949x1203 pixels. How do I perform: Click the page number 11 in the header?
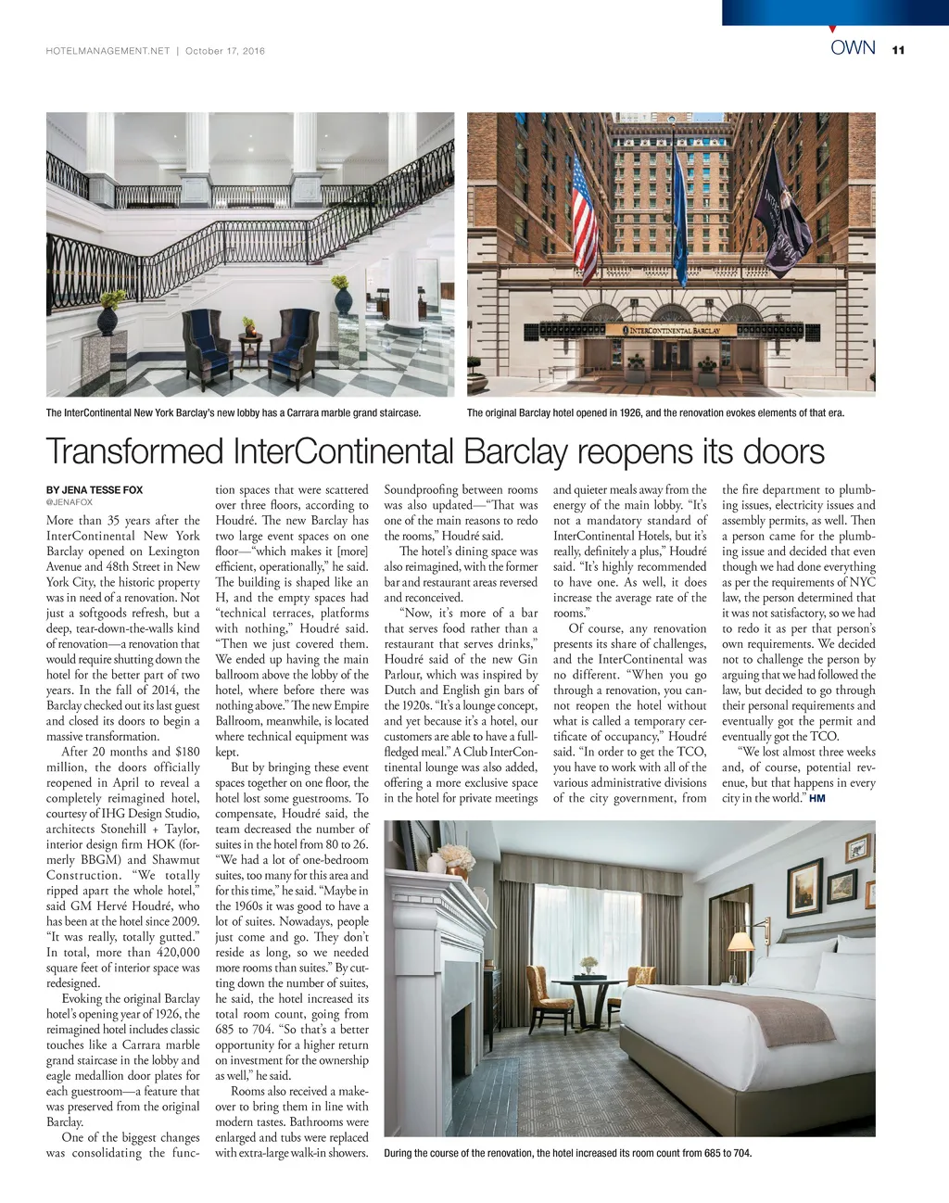897,51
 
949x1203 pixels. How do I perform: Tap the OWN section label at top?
853,48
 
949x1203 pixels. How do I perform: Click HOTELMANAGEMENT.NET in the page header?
108,51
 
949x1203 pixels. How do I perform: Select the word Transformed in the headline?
135,452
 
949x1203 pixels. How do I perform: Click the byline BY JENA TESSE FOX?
95,489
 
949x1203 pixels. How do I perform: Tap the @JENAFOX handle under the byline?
70,502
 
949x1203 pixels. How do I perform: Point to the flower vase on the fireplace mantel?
455,858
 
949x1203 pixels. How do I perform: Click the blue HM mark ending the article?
816,798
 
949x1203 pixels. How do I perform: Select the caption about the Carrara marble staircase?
234,412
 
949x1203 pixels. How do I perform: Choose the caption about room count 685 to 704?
567,1153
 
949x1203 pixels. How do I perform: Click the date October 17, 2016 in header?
225,51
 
